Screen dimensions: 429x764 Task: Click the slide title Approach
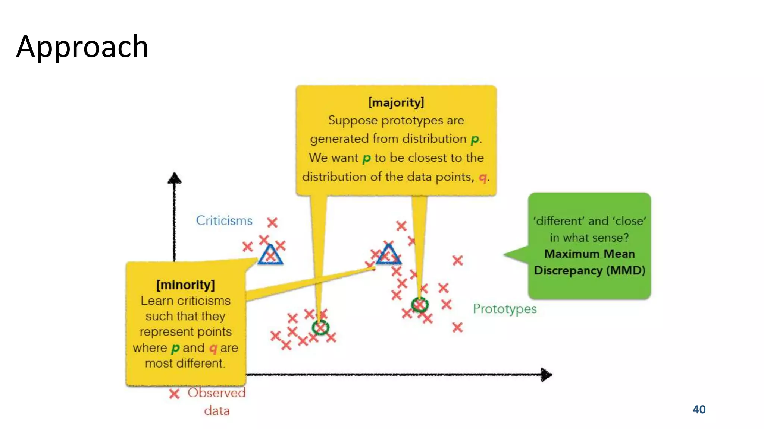[x=82, y=47]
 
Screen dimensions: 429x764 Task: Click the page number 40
[x=699, y=409]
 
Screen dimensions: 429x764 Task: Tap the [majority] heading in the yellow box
[x=396, y=102]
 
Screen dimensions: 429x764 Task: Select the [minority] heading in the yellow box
[x=185, y=285]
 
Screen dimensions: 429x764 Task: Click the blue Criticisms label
[x=224, y=220]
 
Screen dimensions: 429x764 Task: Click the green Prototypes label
[x=504, y=309]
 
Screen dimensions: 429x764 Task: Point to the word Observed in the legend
[x=216, y=393]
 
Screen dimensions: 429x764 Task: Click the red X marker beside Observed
[x=174, y=394]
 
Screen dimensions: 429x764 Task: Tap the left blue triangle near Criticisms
[x=270, y=255]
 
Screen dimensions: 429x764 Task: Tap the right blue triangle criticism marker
[x=388, y=255]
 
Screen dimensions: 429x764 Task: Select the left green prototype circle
[x=320, y=328]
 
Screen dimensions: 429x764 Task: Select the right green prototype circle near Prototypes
[x=420, y=305]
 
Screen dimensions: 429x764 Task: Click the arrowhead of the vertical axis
[x=174, y=178]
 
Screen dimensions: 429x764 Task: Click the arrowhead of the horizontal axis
[x=547, y=375]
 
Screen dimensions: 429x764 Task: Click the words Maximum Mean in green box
[x=589, y=254]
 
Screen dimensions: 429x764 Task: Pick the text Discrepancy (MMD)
[x=589, y=270]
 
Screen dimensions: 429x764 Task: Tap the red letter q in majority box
[x=483, y=177]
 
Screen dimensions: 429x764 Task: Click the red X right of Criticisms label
[x=272, y=223]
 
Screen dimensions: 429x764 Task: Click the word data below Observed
[x=217, y=411]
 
